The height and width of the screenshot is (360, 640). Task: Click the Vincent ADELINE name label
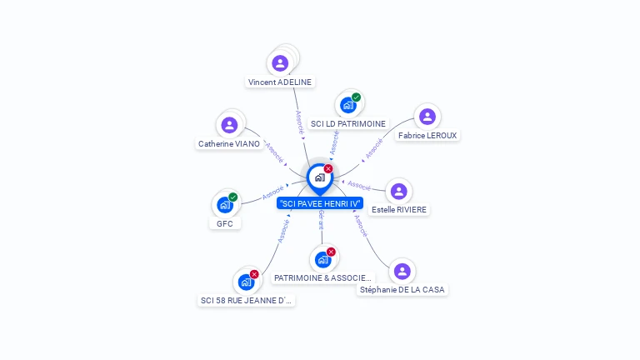[x=280, y=82]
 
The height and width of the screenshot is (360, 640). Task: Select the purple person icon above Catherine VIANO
[x=229, y=125]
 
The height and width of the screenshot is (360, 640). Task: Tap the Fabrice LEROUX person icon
[x=427, y=117]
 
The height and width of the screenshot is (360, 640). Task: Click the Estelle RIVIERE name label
[x=400, y=209]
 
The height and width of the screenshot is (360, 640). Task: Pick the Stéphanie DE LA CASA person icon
[x=402, y=271]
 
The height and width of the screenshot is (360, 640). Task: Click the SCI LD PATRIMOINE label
[x=348, y=123]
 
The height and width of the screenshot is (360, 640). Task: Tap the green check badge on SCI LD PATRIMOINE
[x=356, y=97]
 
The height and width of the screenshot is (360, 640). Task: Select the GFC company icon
[x=224, y=204]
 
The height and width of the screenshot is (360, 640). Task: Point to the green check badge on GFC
[x=233, y=197]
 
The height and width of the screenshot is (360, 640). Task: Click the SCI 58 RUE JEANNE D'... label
[x=247, y=300]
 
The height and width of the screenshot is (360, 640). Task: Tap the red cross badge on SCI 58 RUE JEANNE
[x=254, y=274]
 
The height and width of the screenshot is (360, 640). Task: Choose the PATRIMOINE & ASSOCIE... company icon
[x=322, y=259]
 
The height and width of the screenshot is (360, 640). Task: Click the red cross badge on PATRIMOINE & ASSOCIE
[x=331, y=252]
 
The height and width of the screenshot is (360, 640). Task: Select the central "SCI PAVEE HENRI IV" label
[x=320, y=203]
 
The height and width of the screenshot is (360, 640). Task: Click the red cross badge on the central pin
[x=328, y=168]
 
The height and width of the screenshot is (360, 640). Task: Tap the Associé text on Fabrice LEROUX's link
[x=373, y=149]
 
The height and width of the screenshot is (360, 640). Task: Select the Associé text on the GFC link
[x=272, y=192]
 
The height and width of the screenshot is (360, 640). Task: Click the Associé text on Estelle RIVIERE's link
[x=358, y=185]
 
